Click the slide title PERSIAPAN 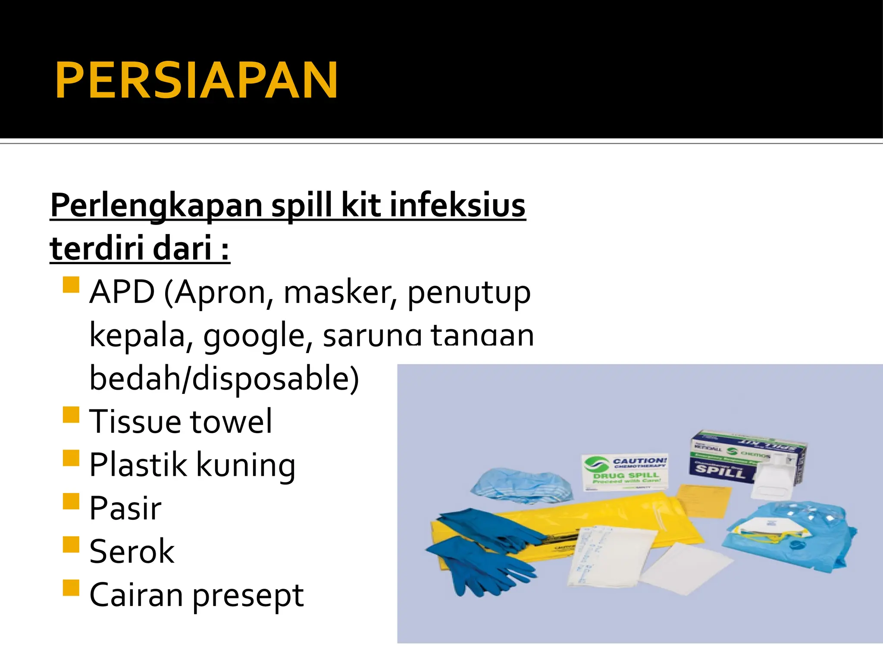pyautogui.click(x=196, y=81)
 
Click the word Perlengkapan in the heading pyautogui.click(x=156, y=206)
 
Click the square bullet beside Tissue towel pyautogui.click(x=71, y=415)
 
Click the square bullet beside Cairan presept pyautogui.click(x=71, y=588)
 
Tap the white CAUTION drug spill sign pyautogui.click(x=625, y=472)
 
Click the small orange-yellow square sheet pyautogui.click(x=703, y=500)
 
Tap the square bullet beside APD pyautogui.click(x=71, y=285)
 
